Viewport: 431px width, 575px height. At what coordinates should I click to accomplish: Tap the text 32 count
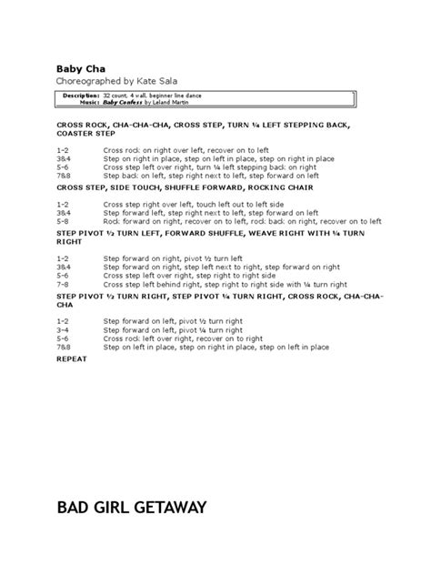click(x=115, y=95)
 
